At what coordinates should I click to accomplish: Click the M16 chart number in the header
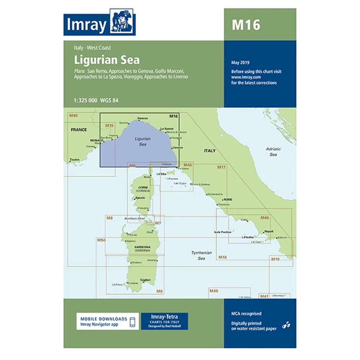[246, 25]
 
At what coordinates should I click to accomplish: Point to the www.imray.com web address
[246, 77]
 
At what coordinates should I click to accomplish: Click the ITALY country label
[210, 150]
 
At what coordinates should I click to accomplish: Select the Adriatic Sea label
[273, 152]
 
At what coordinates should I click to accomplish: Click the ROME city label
[228, 199]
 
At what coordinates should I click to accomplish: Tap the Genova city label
[143, 118]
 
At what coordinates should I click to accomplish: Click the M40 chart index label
[73, 116]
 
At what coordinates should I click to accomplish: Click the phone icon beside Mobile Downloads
[133, 321]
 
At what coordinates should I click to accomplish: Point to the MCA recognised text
[246, 314]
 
